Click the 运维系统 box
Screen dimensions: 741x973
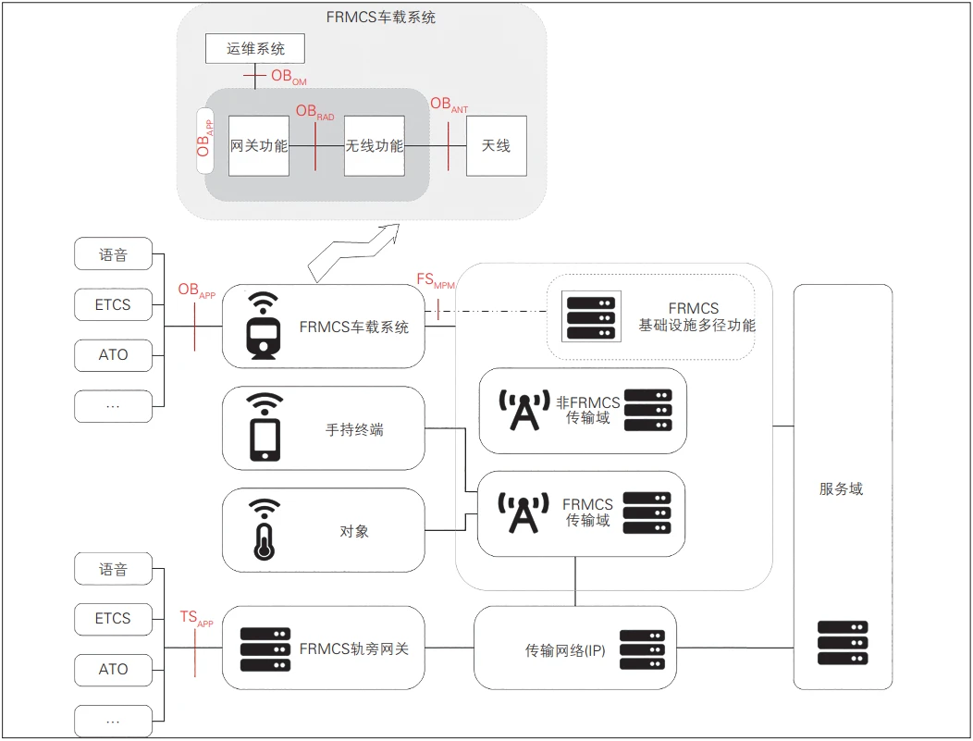(x=254, y=48)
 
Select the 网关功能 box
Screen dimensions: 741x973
(x=259, y=146)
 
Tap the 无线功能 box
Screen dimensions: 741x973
(x=375, y=146)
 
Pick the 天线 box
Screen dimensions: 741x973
(x=497, y=146)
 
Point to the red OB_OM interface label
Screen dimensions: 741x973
(x=288, y=77)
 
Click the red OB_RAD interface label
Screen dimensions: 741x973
(x=314, y=112)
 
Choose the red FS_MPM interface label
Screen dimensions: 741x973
(x=435, y=280)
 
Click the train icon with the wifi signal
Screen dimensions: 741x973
(x=264, y=326)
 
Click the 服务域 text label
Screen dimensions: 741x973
(x=841, y=489)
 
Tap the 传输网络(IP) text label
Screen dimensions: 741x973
(x=565, y=650)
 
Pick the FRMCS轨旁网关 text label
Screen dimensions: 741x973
(x=353, y=648)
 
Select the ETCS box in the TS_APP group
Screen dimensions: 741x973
(x=113, y=619)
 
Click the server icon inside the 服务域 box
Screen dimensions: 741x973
(x=843, y=643)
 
